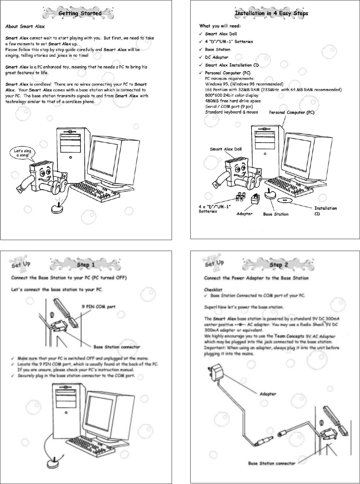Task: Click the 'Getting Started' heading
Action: tap(80, 13)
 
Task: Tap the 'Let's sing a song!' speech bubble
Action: tap(23, 153)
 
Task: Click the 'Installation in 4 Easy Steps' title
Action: tap(271, 13)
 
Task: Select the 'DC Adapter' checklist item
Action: tap(216, 57)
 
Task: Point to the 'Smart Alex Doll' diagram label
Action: tap(225, 149)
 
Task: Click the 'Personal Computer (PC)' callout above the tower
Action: tap(291, 112)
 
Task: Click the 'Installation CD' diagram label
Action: tap(325, 211)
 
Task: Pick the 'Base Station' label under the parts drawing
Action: tap(276, 214)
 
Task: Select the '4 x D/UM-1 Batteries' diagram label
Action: tap(214, 209)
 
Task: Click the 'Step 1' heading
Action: tap(86, 265)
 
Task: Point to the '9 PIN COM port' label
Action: tap(98, 307)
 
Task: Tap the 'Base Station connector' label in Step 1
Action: tap(117, 347)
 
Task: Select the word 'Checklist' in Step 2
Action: tap(213, 290)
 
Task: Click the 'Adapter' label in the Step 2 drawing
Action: tap(268, 394)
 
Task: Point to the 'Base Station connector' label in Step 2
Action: tap(271, 463)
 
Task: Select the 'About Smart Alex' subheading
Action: tap(25, 26)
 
